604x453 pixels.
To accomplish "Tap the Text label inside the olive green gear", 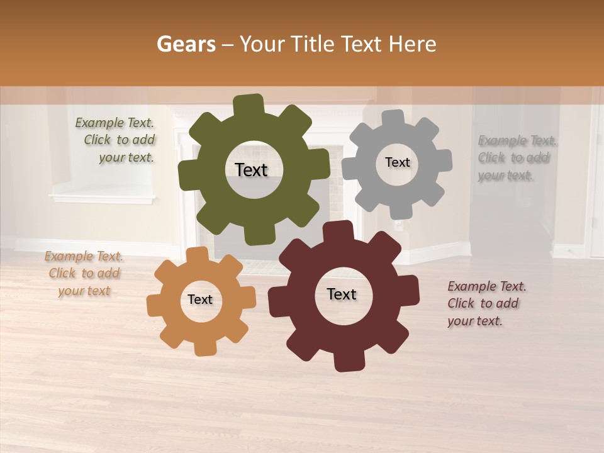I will [x=251, y=170].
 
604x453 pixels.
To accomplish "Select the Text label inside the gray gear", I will [x=397, y=162].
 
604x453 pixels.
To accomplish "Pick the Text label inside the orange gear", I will [x=200, y=299].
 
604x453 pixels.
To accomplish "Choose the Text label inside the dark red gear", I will [x=342, y=294].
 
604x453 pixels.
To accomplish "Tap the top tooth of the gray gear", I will [x=393, y=118].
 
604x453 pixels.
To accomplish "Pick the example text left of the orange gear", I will [x=84, y=274].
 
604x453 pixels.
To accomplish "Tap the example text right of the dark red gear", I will [x=486, y=304].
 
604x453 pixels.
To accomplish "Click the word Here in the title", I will [x=413, y=44].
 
